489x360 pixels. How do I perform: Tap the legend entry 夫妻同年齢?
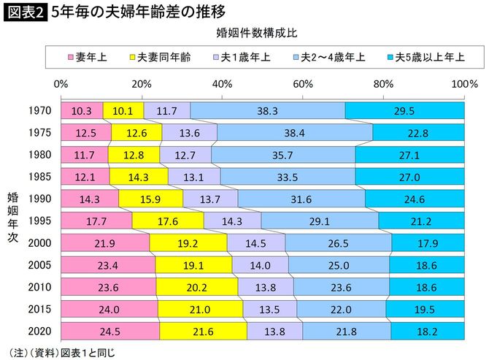(160, 56)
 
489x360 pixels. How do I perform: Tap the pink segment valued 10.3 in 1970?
(82, 110)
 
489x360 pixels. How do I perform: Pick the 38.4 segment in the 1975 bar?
(294, 132)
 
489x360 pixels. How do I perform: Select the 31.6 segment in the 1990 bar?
(301, 198)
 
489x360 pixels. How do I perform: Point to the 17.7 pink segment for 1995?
(96, 220)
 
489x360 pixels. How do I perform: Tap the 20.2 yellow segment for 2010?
(197, 286)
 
